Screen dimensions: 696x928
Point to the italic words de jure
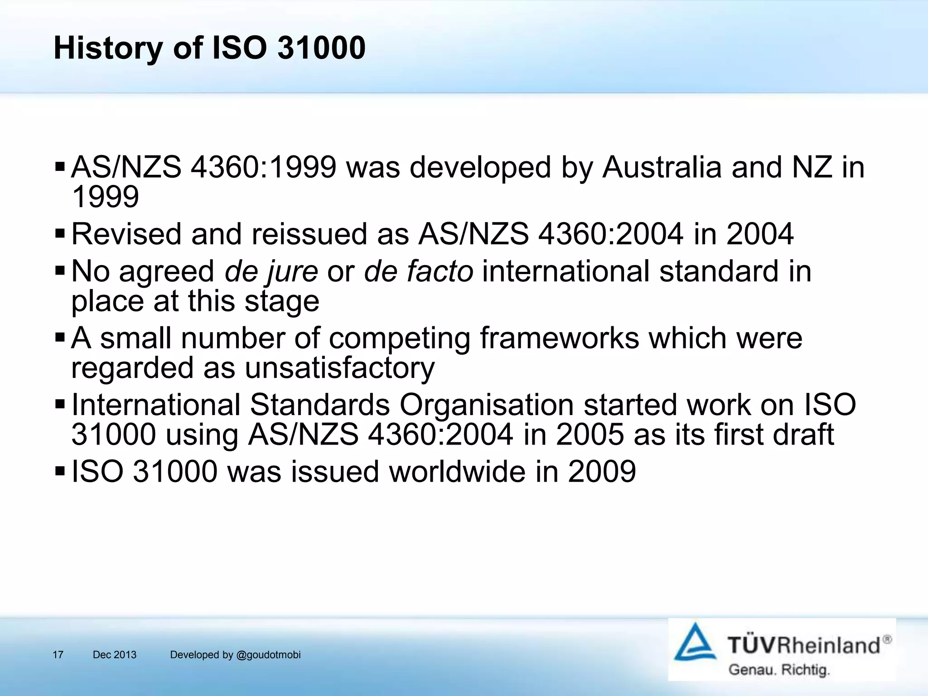[x=271, y=272]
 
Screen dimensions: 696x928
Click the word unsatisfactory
[x=339, y=368]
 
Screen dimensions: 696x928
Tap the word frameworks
[x=559, y=338]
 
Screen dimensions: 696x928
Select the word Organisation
[x=486, y=405]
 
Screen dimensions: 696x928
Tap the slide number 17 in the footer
[x=58, y=655]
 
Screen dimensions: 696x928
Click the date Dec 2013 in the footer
[x=114, y=655]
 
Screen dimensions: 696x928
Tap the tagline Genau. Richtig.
[x=778, y=670]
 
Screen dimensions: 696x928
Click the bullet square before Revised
[x=60, y=234]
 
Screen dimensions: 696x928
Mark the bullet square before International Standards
[x=60, y=403]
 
